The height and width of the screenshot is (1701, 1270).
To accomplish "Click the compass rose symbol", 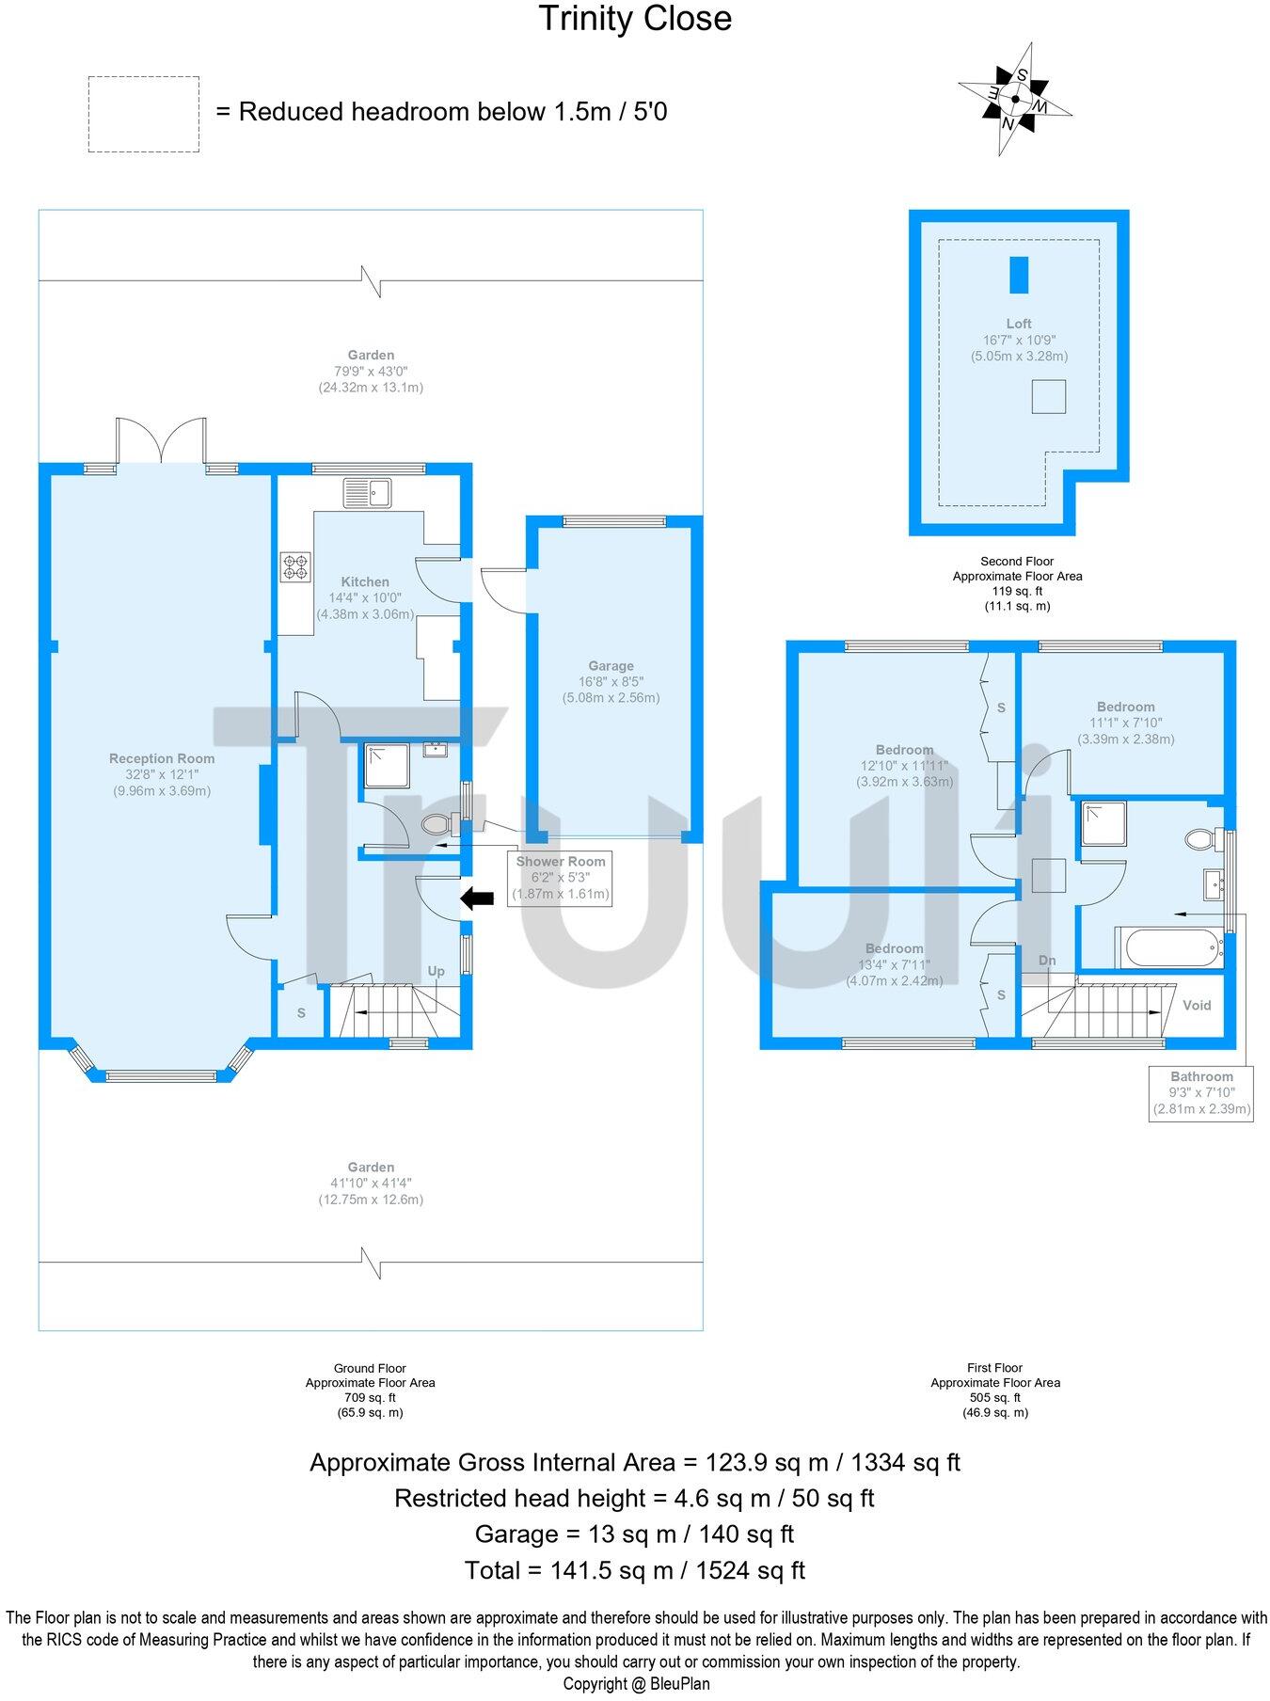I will click(x=1015, y=98).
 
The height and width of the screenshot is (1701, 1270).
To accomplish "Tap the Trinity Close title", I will click(x=635, y=19).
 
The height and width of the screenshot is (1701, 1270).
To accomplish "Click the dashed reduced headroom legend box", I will click(x=143, y=114).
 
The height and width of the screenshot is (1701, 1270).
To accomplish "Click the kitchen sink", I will click(x=367, y=492).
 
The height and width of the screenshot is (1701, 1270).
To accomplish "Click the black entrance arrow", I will click(x=477, y=898).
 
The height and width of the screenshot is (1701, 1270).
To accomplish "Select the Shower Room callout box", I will click(x=560, y=878).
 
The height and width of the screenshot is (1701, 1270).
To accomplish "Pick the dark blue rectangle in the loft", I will click(x=1019, y=275).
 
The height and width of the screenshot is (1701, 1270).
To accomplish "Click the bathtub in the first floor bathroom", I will click(x=1167, y=947).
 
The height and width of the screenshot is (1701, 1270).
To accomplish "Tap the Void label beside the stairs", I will click(x=1197, y=1005).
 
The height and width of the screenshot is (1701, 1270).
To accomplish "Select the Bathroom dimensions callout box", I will click(x=1201, y=1092).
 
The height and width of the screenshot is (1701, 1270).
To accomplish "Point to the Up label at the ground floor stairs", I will click(x=437, y=971).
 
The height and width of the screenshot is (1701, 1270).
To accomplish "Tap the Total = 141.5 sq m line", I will click(x=635, y=1569).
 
